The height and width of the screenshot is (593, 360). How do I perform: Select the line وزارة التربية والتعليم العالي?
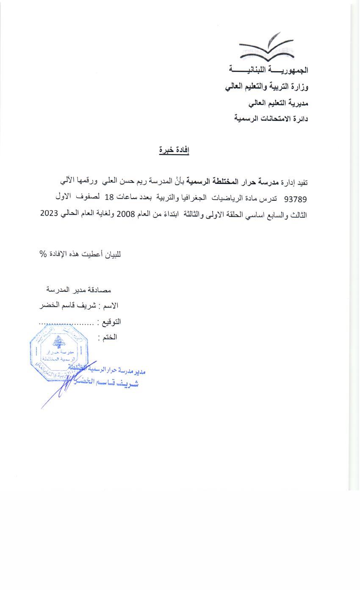click(267, 87)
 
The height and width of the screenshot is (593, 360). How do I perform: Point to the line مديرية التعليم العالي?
click(278, 103)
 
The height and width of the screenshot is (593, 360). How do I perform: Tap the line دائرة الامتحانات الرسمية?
click(271, 119)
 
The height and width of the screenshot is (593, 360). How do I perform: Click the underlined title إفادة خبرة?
click(174, 150)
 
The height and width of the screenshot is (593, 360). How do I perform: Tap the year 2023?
click(50, 213)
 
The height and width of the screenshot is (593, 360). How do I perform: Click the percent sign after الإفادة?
click(43, 254)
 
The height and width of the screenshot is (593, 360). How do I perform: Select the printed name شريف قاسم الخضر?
click(66, 305)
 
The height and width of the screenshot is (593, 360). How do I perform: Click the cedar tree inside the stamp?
click(58, 342)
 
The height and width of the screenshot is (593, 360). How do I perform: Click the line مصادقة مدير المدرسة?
click(78, 290)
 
